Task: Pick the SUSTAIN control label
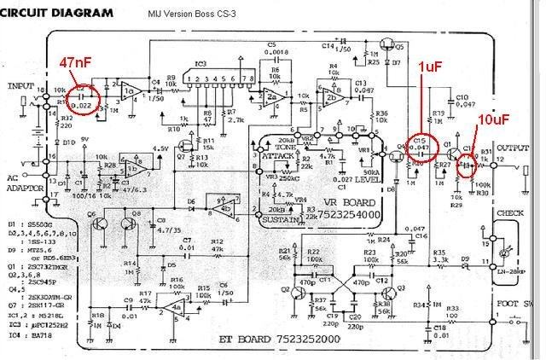279,219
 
